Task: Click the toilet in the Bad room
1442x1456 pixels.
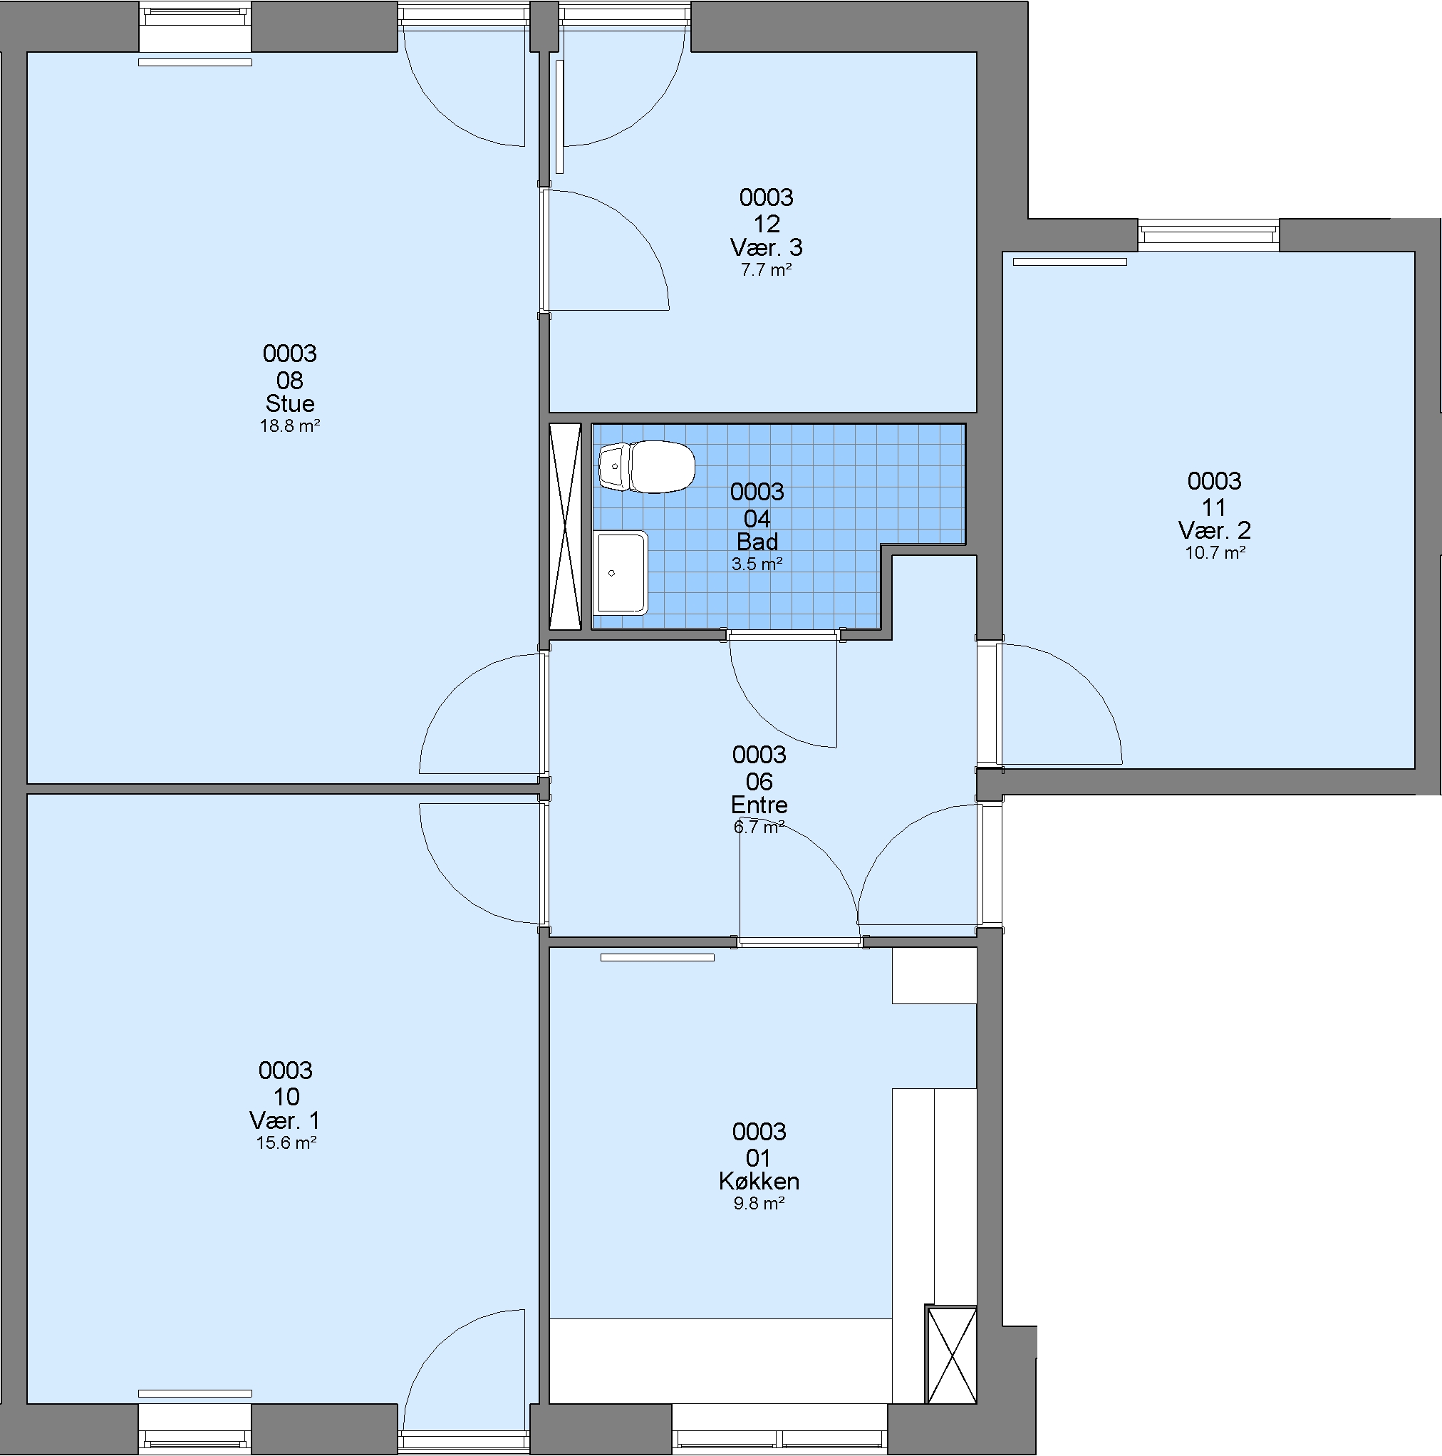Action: coord(646,467)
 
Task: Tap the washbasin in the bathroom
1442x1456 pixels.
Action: coord(621,573)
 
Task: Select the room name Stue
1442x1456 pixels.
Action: coord(290,403)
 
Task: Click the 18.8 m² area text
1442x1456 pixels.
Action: coord(290,425)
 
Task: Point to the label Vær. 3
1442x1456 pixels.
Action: coord(766,247)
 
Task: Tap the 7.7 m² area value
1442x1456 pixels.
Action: coord(766,270)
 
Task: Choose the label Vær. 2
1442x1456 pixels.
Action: coord(1215,530)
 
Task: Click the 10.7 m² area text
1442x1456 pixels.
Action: coord(1215,552)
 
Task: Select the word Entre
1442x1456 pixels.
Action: coord(759,805)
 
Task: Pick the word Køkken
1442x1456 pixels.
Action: coord(759,1181)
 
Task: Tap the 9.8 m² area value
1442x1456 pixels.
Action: coord(759,1204)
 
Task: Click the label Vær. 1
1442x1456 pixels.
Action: coord(286,1120)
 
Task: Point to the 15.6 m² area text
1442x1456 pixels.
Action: coord(286,1142)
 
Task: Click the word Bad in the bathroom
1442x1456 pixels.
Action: coord(757,542)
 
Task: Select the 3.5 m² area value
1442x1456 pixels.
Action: coord(757,564)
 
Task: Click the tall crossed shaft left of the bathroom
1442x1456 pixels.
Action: coord(565,526)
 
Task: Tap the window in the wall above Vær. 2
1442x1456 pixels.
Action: coord(1208,235)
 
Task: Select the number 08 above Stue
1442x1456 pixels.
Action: coord(290,380)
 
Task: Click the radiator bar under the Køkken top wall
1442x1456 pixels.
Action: coord(657,958)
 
